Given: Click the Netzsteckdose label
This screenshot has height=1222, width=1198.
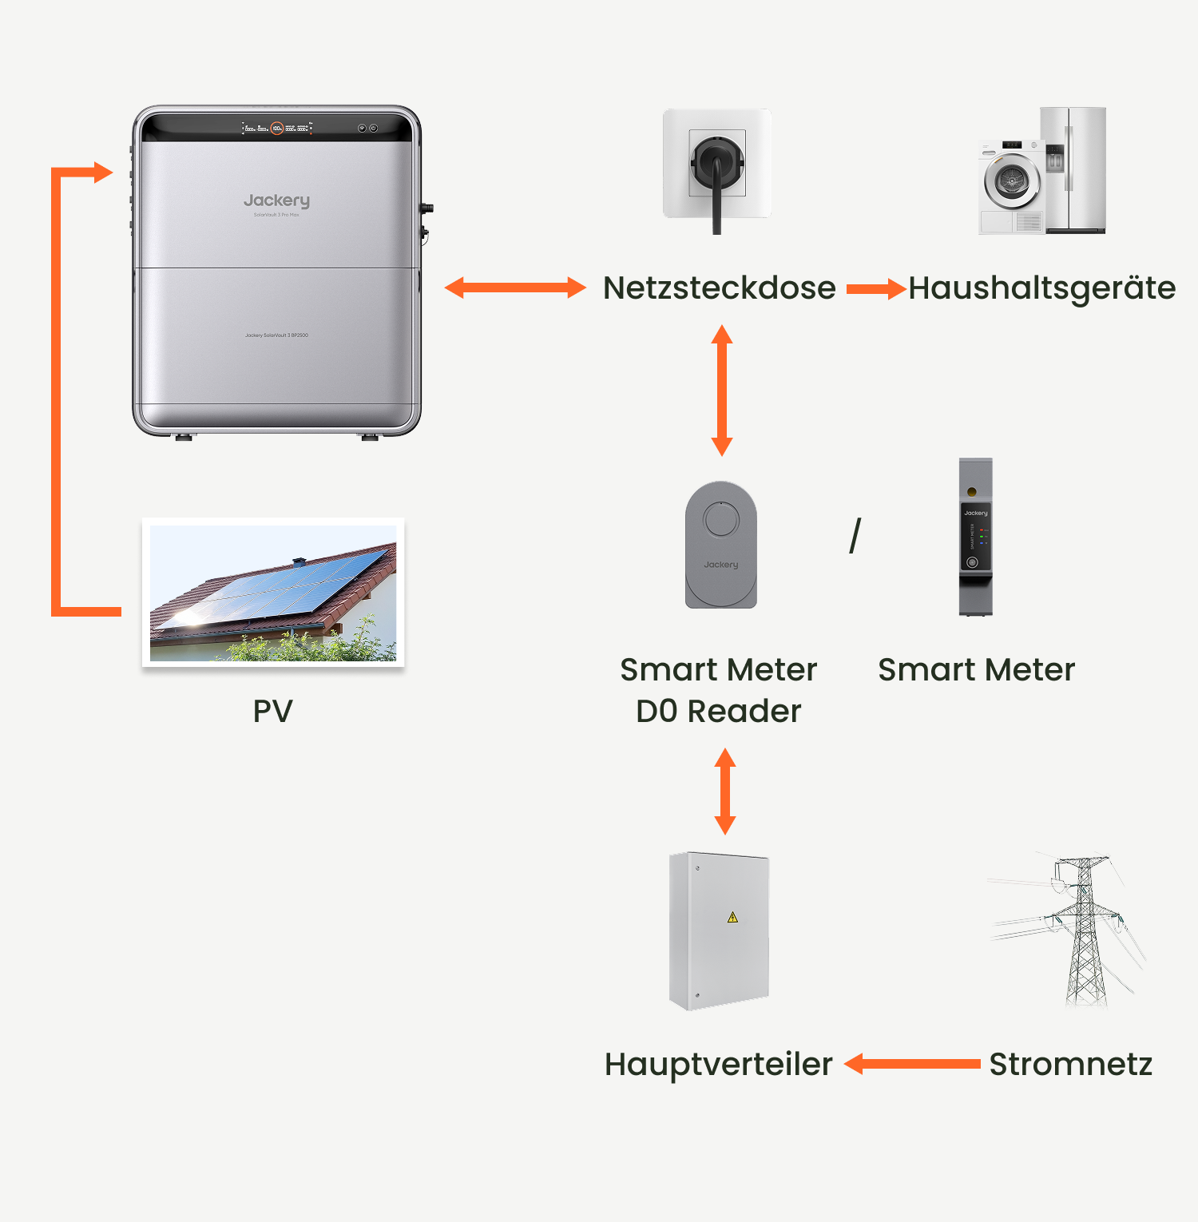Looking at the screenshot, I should pos(719,288).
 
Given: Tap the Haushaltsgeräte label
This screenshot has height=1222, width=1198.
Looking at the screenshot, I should pos(1041,288).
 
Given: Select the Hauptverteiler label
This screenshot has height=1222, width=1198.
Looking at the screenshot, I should pos(718,1065).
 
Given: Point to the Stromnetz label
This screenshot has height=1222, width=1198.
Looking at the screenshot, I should pos(1070,1065).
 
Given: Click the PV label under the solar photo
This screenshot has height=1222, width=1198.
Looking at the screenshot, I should pos(272,711).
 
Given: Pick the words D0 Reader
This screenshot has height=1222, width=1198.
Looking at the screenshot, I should pos(718,711).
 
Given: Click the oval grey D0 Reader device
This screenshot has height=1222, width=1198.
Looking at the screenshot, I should pos(720,545).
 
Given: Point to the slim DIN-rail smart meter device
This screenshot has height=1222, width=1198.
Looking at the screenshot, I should pos(975,537).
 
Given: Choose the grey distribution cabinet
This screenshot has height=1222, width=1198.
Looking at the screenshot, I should pos(719,930).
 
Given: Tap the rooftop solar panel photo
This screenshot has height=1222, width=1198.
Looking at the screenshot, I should pos(273,593).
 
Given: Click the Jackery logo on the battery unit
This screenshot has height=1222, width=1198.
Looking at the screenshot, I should pos(276,200).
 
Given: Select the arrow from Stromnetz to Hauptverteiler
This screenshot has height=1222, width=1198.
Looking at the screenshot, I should pos(912,1064).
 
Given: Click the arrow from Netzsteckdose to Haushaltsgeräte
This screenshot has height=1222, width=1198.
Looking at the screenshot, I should pos(875,288).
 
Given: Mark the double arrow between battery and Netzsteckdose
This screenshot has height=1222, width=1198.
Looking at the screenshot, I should pos(515,288).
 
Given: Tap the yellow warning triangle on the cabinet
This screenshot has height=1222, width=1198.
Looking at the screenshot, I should pos(732,918).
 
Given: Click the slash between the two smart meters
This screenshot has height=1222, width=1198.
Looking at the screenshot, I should pos(855,536).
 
